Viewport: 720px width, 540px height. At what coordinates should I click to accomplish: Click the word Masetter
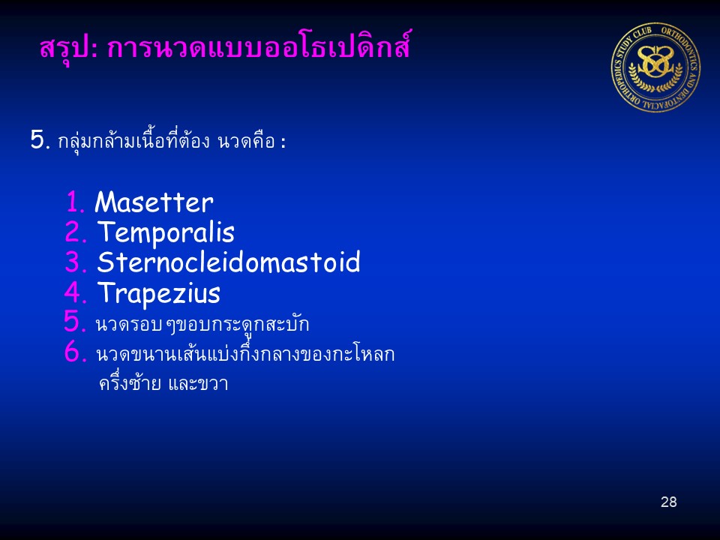[154, 202]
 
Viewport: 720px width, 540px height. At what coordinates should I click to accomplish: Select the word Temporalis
[166, 233]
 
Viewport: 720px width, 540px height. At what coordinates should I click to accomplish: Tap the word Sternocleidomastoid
[229, 262]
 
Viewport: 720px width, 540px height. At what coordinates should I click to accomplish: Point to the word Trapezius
[159, 294]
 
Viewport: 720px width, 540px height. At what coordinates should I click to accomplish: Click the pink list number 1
[75, 202]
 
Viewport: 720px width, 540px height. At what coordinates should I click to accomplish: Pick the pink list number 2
[76, 232]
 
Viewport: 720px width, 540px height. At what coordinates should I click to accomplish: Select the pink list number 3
[76, 262]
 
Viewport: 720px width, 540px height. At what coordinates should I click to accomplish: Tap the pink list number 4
[75, 292]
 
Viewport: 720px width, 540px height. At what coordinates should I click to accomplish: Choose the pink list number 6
[75, 352]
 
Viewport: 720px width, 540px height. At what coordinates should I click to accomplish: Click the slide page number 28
[668, 502]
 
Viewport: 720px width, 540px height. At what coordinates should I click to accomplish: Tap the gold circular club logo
[655, 67]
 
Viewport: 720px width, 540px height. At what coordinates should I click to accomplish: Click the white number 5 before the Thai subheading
[40, 139]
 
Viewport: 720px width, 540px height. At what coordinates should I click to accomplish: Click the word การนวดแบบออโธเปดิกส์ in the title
[259, 46]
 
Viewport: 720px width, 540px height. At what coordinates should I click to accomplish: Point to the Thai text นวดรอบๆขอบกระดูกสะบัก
[202, 325]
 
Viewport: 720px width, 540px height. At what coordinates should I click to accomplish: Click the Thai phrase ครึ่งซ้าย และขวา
[163, 382]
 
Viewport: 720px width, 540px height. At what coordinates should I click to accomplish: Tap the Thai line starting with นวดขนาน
[245, 352]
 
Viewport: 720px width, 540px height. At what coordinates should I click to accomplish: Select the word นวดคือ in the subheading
[247, 141]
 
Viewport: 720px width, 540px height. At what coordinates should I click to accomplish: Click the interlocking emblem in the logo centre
[655, 63]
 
